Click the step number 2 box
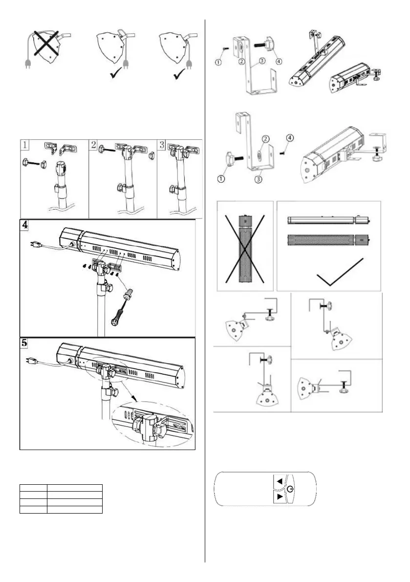pyautogui.click(x=94, y=145)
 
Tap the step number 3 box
pyautogui.click(x=162, y=145)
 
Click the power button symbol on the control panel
pyautogui.click(x=291, y=489)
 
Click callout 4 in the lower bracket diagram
pyautogui.click(x=290, y=138)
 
